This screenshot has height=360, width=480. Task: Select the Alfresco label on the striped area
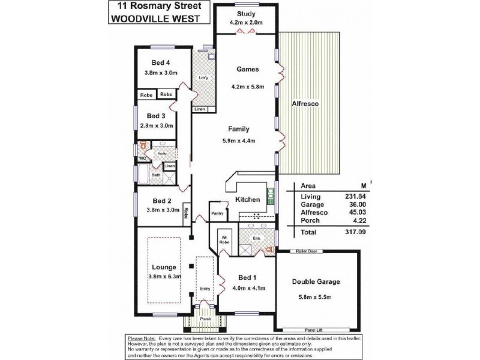pyautogui.click(x=308, y=104)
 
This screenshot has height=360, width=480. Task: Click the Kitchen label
pyautogui.click(x=247, y=199)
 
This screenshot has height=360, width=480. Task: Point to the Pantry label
pyautogui.click(x=217, y=212)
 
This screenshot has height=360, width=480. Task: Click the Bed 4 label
pyautogui.click(x=161, y=62)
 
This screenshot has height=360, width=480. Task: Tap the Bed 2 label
pyautogui.click(x=162, y=201)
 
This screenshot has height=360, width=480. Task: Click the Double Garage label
pyautogui.click(x=316, y=282)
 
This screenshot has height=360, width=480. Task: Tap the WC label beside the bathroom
pyautogui.click(x=143, y=158)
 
